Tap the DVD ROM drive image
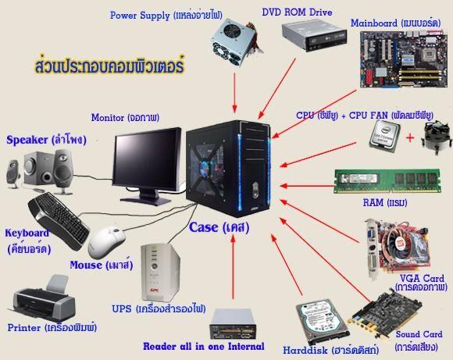point(314,35)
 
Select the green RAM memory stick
point(387,181)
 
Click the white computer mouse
point(106,242)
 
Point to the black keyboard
point(59,221)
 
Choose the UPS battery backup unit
point(159,273)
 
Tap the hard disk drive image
point(323,321)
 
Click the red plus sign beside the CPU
point(410,137)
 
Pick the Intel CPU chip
point(384,136)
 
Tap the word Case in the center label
point(203,227)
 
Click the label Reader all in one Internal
point(204,346)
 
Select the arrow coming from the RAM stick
point(307,186)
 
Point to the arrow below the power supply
point(234,93)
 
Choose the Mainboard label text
point(395,23)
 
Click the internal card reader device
point(233,323)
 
